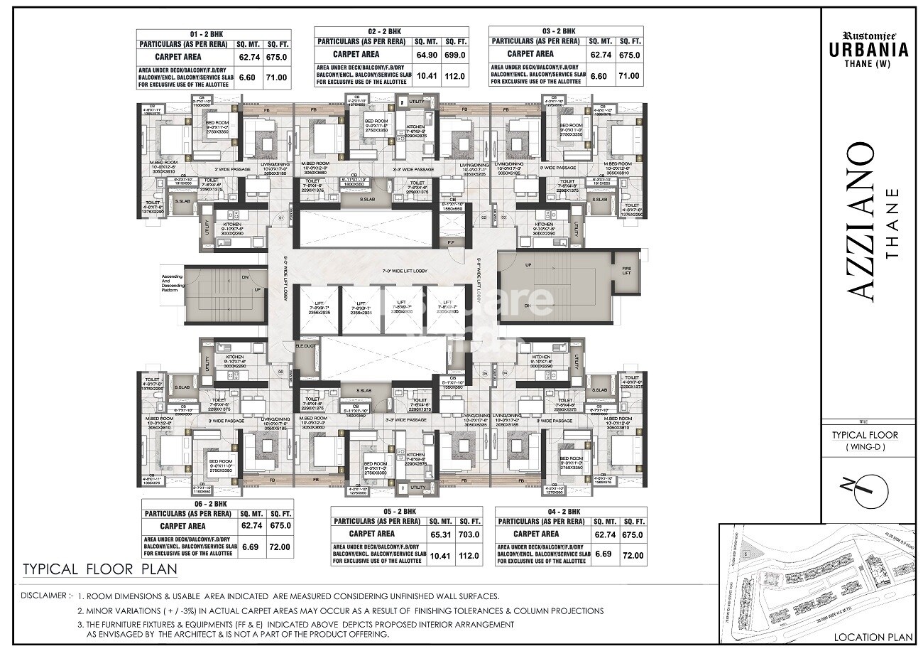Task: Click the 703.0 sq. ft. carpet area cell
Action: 469,534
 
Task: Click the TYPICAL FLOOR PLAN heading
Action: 99,570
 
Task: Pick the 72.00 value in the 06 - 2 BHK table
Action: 276,547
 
